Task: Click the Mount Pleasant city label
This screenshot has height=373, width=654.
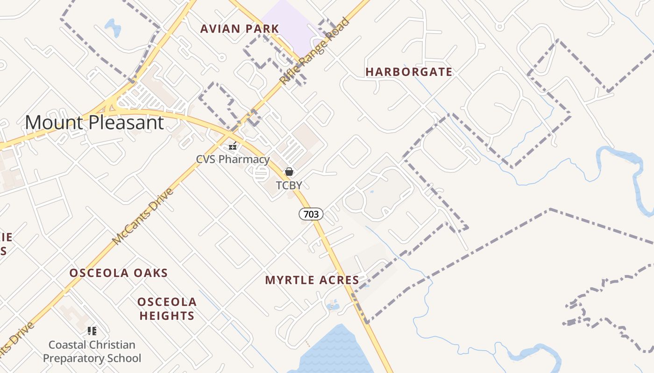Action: [94, 123]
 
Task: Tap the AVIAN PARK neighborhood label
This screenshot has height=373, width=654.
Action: [240, 29]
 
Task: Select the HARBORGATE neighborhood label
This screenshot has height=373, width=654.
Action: [409, 72]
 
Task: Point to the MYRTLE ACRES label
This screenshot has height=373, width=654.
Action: [312, 280]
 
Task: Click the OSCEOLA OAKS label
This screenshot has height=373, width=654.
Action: [119, 273]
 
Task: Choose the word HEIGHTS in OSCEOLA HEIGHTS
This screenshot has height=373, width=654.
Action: [167, 316]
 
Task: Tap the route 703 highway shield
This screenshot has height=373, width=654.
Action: [311, 214]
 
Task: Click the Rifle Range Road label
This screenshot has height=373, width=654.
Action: [314, 51]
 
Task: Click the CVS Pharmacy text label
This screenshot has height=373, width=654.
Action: [233, 159]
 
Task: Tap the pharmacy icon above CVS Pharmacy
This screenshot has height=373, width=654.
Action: [232, 145]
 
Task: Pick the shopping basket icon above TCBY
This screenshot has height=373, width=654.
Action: [289, 172]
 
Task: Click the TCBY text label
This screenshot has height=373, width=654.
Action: [289, 186]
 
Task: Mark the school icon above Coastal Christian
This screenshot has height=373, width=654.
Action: [92, 331]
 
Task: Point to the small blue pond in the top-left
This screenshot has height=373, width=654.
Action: [112, 27]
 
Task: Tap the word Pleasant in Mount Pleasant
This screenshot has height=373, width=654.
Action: [126, 123]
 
